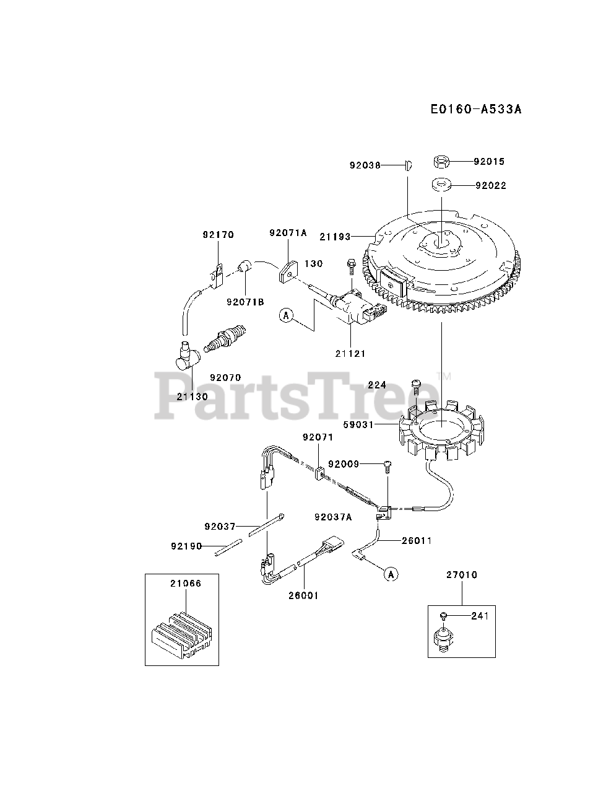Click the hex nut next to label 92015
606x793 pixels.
point(441,162)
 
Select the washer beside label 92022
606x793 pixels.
point(441,184)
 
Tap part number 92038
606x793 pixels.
point(364,165)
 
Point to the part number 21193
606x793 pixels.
point(335,237)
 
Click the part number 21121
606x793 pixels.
point(350,354)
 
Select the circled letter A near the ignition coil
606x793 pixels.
point(286,315)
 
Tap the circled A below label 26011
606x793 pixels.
point(391,574)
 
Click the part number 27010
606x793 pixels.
point(461,575)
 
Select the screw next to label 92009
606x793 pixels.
point(387,466)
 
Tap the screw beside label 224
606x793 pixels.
point(417,385)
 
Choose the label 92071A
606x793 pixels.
point(288,233)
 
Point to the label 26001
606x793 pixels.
point(303,595)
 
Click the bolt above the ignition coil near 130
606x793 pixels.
point(351,266)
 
